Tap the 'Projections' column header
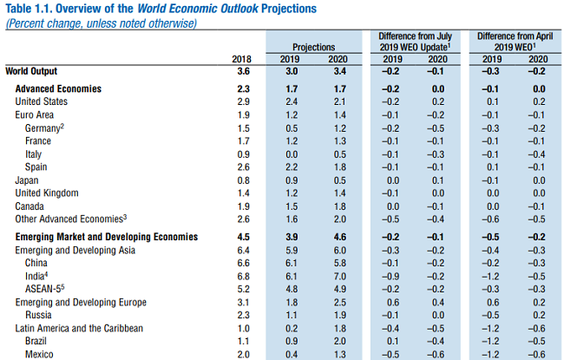(x=313, y=45)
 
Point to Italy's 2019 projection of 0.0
(x=292, y=154)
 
